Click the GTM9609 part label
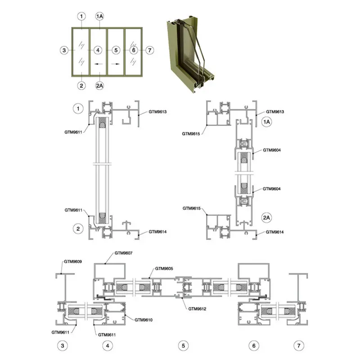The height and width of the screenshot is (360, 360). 72,261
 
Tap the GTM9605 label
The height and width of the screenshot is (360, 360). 164,268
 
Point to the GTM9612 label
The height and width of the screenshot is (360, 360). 198,309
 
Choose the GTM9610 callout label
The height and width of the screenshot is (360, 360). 144,319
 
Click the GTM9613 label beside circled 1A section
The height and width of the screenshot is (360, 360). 275,111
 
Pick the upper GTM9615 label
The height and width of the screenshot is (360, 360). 191,134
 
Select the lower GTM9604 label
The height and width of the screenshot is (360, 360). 272,189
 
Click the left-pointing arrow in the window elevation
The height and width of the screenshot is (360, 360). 99,64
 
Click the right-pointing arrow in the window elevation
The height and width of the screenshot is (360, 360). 116,64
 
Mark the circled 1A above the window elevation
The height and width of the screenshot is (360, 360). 99,17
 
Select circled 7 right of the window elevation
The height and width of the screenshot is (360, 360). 150,50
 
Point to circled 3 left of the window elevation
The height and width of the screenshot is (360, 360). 64,50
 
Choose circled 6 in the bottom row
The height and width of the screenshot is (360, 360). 254,346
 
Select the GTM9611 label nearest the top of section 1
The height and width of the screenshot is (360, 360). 74,132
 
